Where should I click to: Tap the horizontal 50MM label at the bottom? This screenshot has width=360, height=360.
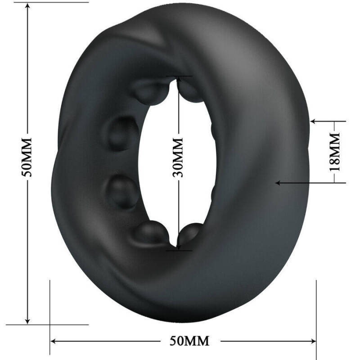click(x=190, y=341)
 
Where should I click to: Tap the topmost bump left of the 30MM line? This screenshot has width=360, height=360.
click(x=151, y=92)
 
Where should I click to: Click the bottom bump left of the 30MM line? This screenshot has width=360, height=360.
click(x=152, y=232)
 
